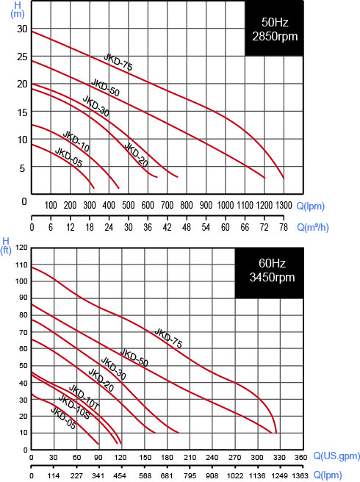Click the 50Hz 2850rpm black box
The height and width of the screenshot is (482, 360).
coord(274,28)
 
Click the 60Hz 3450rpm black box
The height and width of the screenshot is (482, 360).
coord(269,273)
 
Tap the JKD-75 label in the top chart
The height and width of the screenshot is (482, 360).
coord(118,62)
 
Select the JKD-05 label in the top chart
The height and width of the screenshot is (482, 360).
coord(68,157)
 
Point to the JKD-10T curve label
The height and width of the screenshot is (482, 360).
coord(84,397)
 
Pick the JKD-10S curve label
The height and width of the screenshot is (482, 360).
coord(74,407)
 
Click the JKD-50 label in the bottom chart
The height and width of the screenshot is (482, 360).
coord(134,358)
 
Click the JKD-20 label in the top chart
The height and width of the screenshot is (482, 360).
coord(136,155)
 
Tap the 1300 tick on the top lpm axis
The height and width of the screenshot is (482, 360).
coord(284,205)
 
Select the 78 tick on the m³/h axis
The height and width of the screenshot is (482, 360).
coord(284,227)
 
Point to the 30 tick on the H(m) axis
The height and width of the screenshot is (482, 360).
coord(22,29)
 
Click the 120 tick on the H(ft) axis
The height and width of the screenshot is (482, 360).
coord(21,248)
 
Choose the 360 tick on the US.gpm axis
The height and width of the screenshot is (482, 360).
coord(301,458)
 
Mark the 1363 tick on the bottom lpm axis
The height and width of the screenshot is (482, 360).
coord(300,475)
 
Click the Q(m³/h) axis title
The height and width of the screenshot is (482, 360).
coord(313,228)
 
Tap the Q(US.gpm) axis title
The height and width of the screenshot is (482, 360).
coord(336,456)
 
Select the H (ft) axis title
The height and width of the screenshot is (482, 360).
coord(6,245)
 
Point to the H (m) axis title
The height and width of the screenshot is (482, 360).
coord(17,10)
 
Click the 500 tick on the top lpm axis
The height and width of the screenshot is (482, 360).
coord(128,205)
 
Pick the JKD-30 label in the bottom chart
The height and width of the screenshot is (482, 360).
coord(113,368)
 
